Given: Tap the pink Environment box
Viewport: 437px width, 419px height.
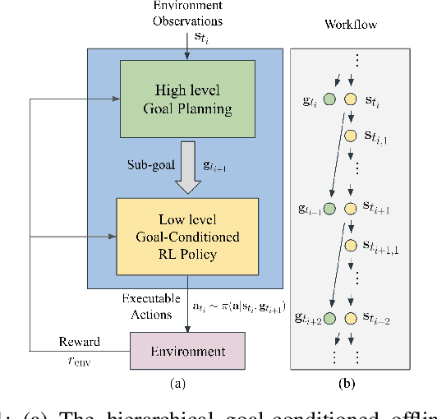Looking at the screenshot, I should (x=187, y=351).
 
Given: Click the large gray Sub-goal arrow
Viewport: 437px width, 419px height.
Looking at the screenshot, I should (x=188, y=164).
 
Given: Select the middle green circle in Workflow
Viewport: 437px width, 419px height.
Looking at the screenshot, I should (x=329, y=209).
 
